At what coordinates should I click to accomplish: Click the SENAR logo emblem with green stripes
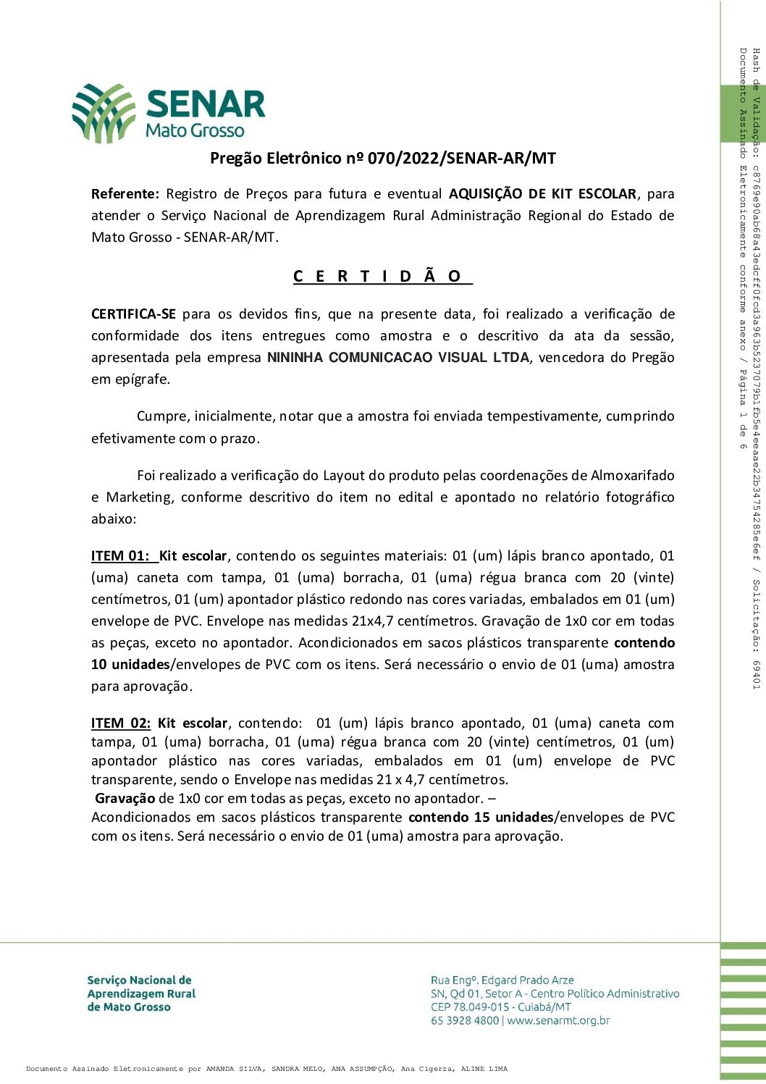pos(104,112)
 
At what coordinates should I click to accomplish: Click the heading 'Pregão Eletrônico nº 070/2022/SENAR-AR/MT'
pos(382,158)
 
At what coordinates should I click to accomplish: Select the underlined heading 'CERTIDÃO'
pos(382,276)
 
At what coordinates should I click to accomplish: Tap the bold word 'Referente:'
pos(125,194)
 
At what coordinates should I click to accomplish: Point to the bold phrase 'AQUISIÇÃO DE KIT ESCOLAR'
pos(542,194)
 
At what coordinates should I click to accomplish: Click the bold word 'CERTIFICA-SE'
pos(133,314)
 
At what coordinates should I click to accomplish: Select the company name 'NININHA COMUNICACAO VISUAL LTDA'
pos(398,358)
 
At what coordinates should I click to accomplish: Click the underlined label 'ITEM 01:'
pos(120,556)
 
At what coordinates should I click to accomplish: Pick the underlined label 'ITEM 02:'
pos(121,723)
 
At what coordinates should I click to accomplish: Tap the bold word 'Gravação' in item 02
pos(125,799)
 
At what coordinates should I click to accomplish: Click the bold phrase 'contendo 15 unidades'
pos(480,818)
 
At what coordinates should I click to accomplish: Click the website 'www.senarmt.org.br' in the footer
pos(558,1021)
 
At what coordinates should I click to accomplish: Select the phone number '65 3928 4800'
pos(465,1021)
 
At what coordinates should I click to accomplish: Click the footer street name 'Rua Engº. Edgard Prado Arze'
pos(502,980)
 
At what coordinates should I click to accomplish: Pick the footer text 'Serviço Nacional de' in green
pos(140,980)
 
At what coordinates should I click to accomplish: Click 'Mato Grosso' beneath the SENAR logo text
pos(195,131)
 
